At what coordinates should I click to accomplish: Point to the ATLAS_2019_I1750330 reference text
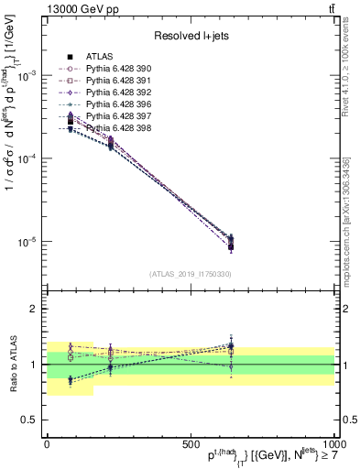coord(190,274)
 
